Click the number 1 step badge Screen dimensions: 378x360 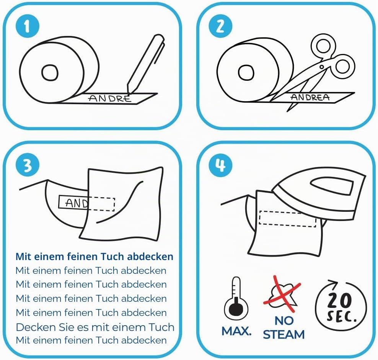28,26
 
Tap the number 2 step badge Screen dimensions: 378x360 220,26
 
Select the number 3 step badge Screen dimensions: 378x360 28,165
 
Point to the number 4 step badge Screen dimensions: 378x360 220,165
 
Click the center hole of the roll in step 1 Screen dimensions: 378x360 50,73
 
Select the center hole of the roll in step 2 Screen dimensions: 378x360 246,73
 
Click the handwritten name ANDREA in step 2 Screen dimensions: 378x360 310,97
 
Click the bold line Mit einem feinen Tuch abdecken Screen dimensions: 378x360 94,257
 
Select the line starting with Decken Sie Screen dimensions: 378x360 95,327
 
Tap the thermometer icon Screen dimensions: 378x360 236,298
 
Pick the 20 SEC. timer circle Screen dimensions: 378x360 341,306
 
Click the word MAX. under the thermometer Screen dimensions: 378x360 236,331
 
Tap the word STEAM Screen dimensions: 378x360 283,335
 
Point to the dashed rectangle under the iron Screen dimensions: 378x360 287,219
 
